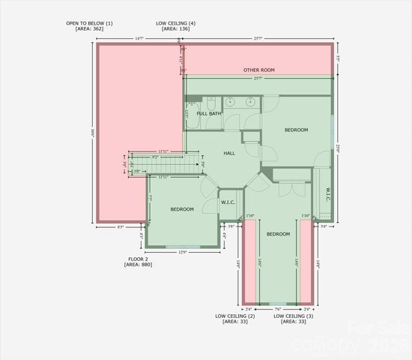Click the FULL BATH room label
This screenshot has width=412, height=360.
click(x=209, y=114)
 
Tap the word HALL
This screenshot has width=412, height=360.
click(x=229, y=153)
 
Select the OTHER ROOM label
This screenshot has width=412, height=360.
click(x=258, y=70)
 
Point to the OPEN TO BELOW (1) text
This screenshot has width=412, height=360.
click(x=89, y=23)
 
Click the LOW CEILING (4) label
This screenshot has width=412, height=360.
click(x=177, y=23)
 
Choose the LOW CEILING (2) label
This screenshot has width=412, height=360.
click(x=235, y=316)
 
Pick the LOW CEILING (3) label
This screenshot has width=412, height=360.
click(x=293, y=316)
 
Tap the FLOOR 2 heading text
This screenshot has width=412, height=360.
click(x=139, y=259)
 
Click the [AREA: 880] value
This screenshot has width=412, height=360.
click(x=139, y=265)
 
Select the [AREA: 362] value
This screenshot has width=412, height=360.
click(x=89, y=29)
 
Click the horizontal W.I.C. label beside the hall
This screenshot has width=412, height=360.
click(x=228, y=202)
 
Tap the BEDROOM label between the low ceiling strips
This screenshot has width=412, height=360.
click(x=278, y=234)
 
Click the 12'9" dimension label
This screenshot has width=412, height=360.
click(x=183, y=252)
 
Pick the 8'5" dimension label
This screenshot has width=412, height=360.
click(x=120, y=226)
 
